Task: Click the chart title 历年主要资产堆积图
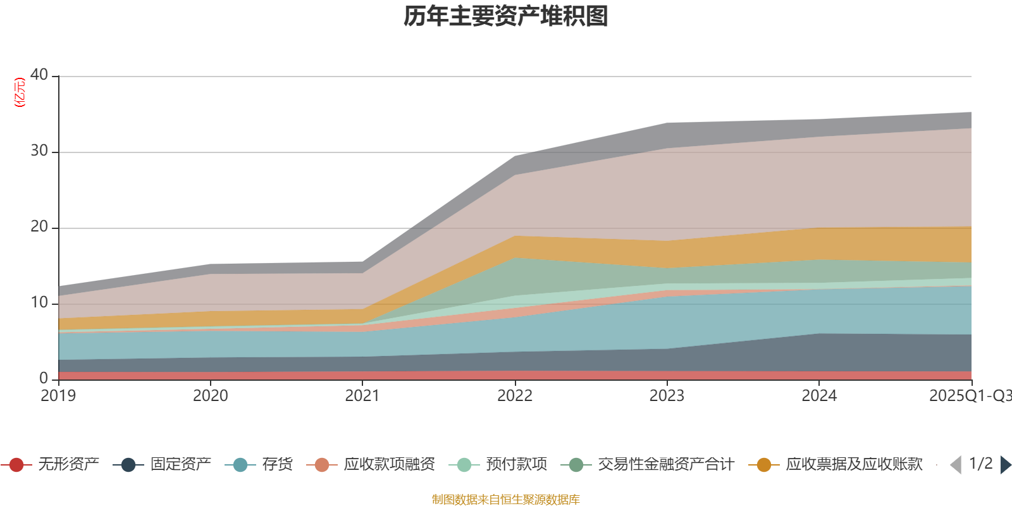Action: [x=506, y=16]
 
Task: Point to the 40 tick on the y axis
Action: [x=39, y=75]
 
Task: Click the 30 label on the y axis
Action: [x=39, y=151]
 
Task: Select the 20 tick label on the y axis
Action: [x=39, y=226]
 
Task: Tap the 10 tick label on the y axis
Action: [x=39, y=302]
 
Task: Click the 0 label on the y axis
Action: [x=44, y=378]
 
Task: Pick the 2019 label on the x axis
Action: [x=58, y=396]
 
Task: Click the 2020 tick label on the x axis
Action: [x=210, y=396]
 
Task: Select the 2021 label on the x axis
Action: [x=362, y=396]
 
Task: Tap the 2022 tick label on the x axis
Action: [x=515, y=396]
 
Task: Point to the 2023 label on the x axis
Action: [x=667, y=396]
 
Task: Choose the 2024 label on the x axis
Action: [x=819, y=396]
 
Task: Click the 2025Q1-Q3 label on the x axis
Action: [x=970, y=396]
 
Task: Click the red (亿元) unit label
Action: [x=20, y=92]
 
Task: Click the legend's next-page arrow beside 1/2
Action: [x=1006, y=465]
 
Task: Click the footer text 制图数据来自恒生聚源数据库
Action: [x=506, y=500]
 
